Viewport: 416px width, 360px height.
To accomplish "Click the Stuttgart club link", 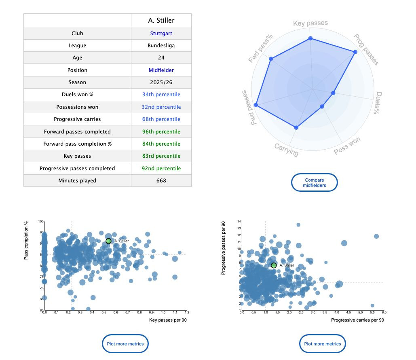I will [x=161, y=34].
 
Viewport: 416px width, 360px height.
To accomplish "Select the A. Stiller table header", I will [x=161, y=20].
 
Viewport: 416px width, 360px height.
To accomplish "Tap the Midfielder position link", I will [x=161, y=70].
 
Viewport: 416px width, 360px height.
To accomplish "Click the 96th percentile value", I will [x=161, y=131].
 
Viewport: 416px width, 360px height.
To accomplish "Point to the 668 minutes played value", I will [x=161, y=180].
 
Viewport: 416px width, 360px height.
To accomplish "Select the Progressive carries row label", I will [x=77, y=119].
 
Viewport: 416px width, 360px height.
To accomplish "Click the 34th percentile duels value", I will [x=161, y=95].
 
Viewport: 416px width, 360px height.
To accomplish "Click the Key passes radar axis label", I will [x=310, y=23].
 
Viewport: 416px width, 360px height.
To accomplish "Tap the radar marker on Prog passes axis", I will [x=355, y=52].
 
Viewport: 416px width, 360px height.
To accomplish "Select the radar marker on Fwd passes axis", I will [x=256, y=105].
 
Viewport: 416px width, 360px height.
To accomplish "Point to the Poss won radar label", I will [x=347, y=146].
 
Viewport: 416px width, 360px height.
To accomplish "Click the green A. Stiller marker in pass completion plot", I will [x=108, y=241].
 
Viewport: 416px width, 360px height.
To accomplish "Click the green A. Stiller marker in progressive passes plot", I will [x=274, y=265].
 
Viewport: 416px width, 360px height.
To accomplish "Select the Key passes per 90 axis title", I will [x=168, y=320].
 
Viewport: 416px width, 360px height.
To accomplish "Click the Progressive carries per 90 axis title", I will [x=357, y=320].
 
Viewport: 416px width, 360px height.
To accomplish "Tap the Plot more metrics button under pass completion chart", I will [x=125, y=344].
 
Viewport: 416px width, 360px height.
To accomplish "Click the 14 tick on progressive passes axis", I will [x=239, y=222].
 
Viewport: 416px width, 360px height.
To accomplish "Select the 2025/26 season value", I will [x=161, y=83].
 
